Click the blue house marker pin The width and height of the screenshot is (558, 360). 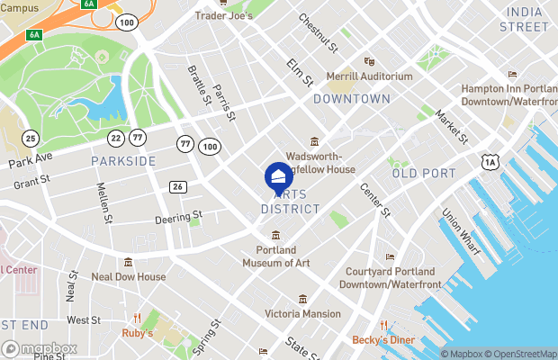[278, 176]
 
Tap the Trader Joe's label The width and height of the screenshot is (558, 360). [223, 16]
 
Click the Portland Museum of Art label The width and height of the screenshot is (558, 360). [276, 256]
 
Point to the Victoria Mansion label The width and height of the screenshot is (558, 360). [302, 313]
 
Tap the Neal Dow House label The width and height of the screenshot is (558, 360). [129, 276]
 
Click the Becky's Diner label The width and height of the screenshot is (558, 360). [382, 340]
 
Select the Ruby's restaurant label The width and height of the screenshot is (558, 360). [138, 332]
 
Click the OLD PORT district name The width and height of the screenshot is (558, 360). [418, 173]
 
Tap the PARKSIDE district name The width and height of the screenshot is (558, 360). [123, 161]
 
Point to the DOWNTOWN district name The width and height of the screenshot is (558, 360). [352, 99]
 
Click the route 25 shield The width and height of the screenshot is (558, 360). [31, 138]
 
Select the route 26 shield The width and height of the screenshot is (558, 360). [178, 186]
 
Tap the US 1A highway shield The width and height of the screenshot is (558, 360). [490, 161]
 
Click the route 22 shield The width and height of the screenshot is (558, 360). [115, 138]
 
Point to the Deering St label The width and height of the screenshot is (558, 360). [178, 217]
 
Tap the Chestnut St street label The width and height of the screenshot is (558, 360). [318, 32]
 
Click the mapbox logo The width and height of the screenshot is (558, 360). [40, 348]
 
